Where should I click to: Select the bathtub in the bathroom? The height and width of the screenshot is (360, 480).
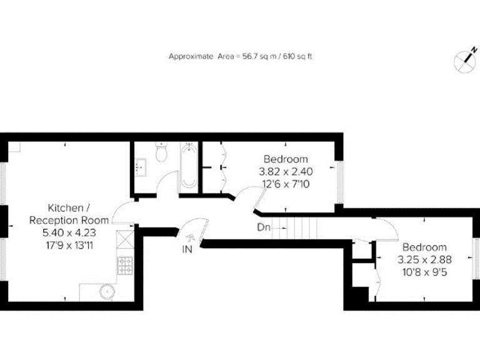point(187,167)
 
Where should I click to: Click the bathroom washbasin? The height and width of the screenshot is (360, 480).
point(140,166)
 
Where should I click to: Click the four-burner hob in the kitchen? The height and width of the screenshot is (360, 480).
point(125,266)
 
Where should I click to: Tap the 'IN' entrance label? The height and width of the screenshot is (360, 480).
point(187,249)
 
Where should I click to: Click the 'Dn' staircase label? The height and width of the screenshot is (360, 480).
point(264,227)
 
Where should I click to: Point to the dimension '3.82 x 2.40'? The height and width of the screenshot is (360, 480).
point(285,171)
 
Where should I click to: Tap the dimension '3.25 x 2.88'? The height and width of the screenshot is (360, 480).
point(424,259)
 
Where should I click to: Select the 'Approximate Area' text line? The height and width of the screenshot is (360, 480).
point(240,56)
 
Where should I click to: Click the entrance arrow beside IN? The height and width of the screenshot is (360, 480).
point(191,236)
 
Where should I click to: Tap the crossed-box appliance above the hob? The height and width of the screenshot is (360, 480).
point(125,241)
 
